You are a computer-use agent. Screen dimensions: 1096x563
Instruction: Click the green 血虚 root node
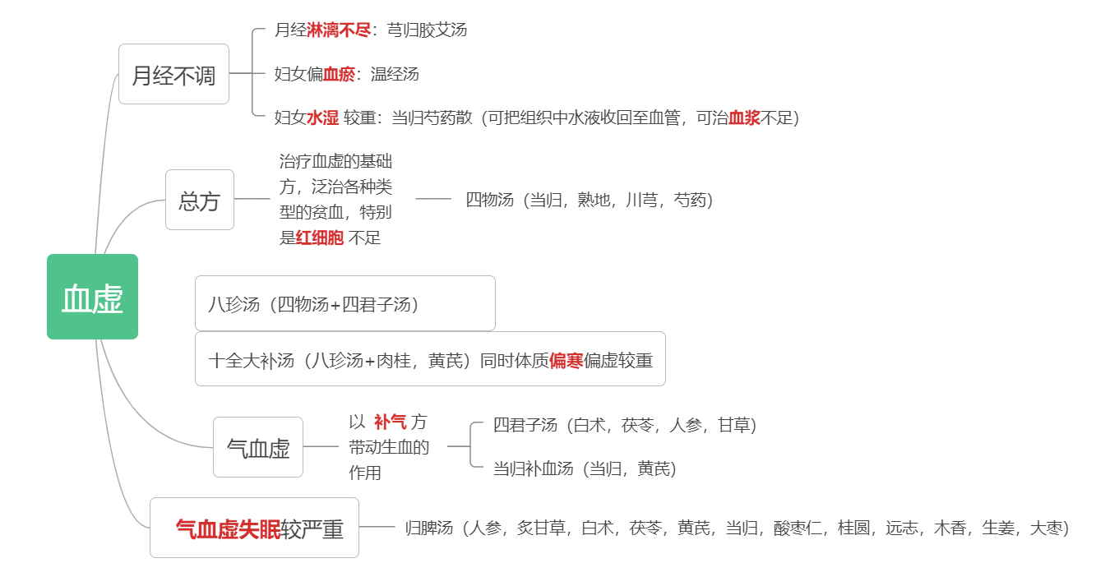92,297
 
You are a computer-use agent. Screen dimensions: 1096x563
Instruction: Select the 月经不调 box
173,74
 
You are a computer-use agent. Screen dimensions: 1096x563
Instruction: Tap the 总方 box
200,200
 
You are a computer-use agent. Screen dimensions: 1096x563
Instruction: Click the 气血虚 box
258,447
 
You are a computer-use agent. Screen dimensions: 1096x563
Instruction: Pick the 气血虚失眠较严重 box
254,528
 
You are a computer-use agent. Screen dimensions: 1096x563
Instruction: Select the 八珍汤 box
345,303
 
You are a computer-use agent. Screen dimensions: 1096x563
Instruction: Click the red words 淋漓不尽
339,30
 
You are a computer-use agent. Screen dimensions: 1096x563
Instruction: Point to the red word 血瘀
339,74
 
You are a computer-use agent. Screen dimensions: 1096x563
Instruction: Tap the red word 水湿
322,118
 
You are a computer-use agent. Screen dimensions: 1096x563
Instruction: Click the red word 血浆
744,118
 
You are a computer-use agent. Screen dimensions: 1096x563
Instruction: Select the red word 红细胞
320,238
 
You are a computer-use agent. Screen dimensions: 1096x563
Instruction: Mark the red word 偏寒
566,361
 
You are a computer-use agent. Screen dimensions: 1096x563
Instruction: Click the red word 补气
390,422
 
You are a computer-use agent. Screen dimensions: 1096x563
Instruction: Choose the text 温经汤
395,74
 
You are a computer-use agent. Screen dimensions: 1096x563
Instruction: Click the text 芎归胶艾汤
427,30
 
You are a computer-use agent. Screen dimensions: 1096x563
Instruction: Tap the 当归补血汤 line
585,468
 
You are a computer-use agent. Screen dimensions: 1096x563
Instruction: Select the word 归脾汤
429,528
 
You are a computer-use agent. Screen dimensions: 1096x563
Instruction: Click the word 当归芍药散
432,118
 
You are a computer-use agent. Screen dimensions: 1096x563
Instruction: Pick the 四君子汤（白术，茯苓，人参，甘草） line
625,425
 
